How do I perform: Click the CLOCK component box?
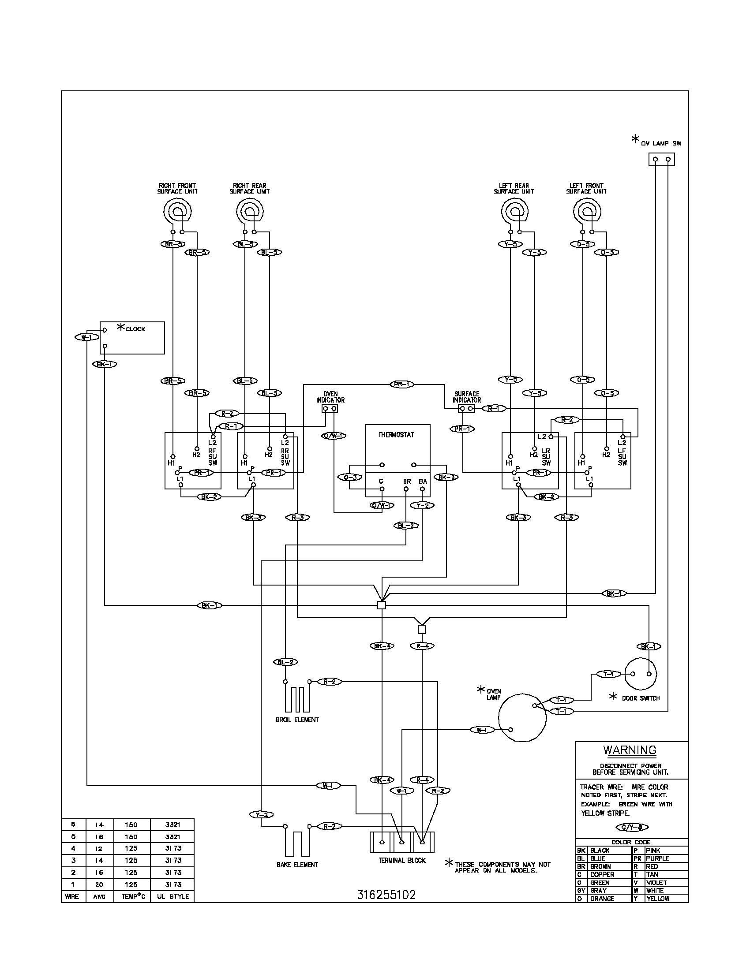pyautogui.click(x=132, y=338)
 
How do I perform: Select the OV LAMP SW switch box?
pyautogui.click(x=662, y=159)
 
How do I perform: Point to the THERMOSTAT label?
pyautogui.click(x=396, y=435)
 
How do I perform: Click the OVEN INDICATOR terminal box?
pyautogui.click(x=330, y=408)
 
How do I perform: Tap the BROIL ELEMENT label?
pyautogui.click(x=297, y=720)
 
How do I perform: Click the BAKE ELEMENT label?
pyautogui.click(x=297, y=865)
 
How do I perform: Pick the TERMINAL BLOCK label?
pyautogui.click(x=402, y=860)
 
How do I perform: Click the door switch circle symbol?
pyautogui.click(x=641, y=674)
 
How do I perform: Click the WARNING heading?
pyautogui.click(x=630, y=750)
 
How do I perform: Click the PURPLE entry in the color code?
pyautogui.click(x=658, y=858)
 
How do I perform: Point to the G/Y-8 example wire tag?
pyautogui.click(x=632, y=827)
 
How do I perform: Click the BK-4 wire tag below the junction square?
pyautogui.click(x=382, y=646)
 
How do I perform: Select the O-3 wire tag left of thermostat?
pyautogui.click(x=350, y=477)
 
